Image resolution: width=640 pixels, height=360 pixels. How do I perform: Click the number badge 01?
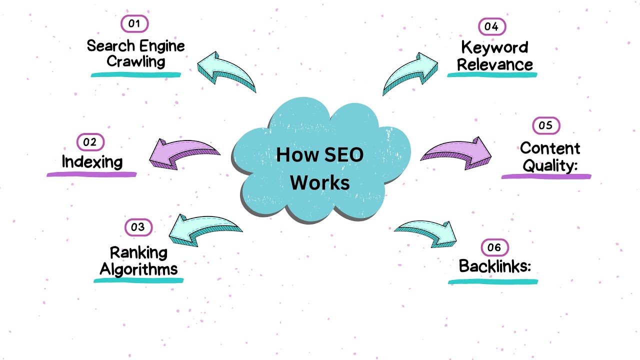point(135,24)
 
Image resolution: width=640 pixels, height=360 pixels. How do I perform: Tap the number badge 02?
point(90,142)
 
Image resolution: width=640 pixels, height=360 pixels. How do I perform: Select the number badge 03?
point(138,227)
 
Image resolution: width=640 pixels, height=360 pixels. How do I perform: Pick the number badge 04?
point(491,26)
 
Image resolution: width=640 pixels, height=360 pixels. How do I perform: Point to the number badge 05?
point(546,125)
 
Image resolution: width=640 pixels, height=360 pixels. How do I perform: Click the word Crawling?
point(136,62)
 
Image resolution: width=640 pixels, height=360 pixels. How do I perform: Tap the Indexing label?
point(92,161)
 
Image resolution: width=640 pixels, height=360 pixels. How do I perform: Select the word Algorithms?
point(138,269)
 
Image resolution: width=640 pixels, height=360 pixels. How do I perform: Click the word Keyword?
point(494,47)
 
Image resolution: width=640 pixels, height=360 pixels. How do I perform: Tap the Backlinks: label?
point(494,266)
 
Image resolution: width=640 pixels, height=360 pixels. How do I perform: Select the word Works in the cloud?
point(320,182)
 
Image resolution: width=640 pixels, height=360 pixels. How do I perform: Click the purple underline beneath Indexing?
point(91,174)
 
